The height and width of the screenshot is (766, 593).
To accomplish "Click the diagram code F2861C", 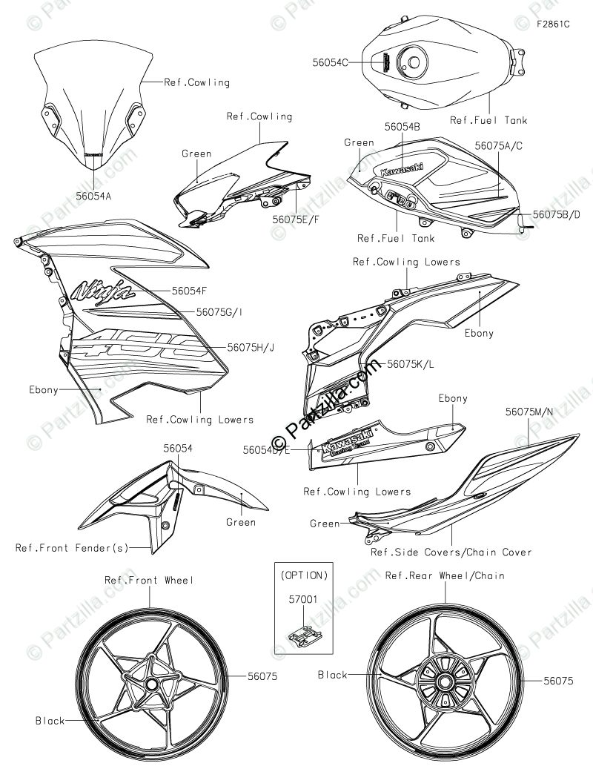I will pos(553,24).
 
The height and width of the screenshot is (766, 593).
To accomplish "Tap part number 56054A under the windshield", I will pos(94,197).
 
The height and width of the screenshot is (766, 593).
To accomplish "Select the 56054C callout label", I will pos(330,64).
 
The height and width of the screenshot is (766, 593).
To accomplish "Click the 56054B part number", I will pos(402,127).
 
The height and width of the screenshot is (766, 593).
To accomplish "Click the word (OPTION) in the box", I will pos(303,574).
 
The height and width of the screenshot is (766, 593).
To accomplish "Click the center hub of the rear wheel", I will pos(445,680).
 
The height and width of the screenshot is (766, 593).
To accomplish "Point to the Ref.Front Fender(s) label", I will pos(73,548).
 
